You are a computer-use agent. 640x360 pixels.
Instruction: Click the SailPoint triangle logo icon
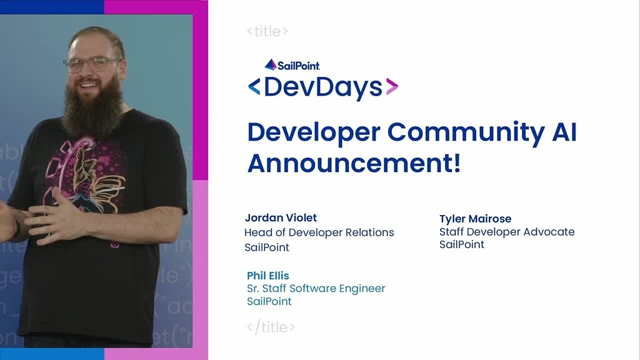271,64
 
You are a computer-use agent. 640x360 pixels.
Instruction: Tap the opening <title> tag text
267,31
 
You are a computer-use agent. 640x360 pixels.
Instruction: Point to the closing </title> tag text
271,327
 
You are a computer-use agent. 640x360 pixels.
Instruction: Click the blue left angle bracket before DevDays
254,87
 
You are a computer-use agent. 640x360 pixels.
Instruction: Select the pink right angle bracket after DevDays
392,87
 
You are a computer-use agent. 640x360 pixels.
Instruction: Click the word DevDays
322,87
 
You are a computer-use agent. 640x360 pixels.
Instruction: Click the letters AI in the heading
561,132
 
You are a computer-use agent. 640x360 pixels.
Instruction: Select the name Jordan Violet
281,217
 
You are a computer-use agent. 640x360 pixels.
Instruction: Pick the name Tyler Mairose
475,219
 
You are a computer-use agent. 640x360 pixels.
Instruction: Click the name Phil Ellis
267,276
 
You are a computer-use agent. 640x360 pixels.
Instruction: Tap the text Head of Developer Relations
319,232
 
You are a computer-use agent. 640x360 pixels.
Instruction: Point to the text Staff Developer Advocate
507,232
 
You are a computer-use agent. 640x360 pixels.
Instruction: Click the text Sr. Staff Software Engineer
316,289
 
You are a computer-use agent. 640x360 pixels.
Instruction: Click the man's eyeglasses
92,64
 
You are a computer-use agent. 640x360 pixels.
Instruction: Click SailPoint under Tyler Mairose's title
462,244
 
